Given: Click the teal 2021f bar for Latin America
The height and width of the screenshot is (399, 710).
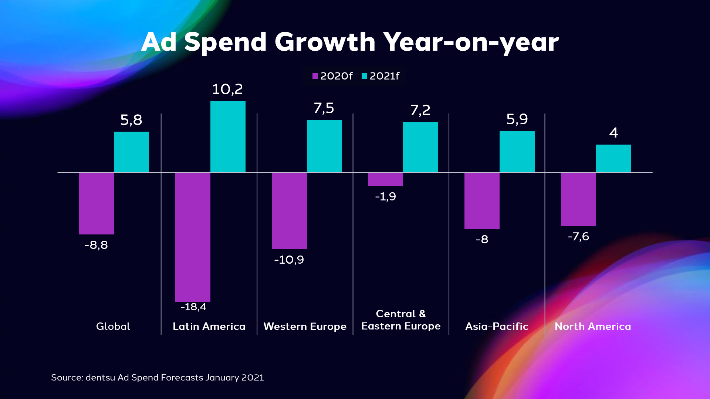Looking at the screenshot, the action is coord(228,137).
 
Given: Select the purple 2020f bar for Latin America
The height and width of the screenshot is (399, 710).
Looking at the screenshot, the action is coord(193,237).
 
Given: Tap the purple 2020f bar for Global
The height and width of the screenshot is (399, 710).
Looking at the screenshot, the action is coord(96,203).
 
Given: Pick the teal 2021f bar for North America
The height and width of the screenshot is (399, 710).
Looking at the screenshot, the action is coord(613,159).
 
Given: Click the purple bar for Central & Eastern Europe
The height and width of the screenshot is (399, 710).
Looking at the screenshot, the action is coord(386,179).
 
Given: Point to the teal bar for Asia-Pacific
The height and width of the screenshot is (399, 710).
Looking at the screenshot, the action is coord(517,152).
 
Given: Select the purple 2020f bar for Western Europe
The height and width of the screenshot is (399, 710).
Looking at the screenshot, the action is coord(289,211).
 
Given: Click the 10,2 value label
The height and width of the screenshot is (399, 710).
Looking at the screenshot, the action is coord(227,89).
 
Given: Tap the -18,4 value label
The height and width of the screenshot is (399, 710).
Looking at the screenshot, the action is coord(193,307).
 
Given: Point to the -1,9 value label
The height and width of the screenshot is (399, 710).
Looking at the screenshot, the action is coord(385,196).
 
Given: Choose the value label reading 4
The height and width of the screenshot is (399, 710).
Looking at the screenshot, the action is coord(613,132).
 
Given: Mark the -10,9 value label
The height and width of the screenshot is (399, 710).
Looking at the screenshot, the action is coord(289,260).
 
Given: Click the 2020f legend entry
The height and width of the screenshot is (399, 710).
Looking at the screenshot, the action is coord(332,76).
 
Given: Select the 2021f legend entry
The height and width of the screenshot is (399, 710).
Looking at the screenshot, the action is coord(381,76).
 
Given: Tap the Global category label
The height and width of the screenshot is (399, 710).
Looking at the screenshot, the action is coord(113,326).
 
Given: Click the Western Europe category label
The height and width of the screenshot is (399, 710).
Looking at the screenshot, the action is coord(305,327).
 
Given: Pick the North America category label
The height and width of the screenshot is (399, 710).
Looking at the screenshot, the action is coord(593,326).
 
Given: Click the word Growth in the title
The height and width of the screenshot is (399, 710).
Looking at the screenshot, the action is coord(325,42).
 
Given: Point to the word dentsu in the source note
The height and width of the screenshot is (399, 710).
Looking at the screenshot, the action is coord(100,378).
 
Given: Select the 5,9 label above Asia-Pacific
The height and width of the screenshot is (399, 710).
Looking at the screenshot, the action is coord(517,119).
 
